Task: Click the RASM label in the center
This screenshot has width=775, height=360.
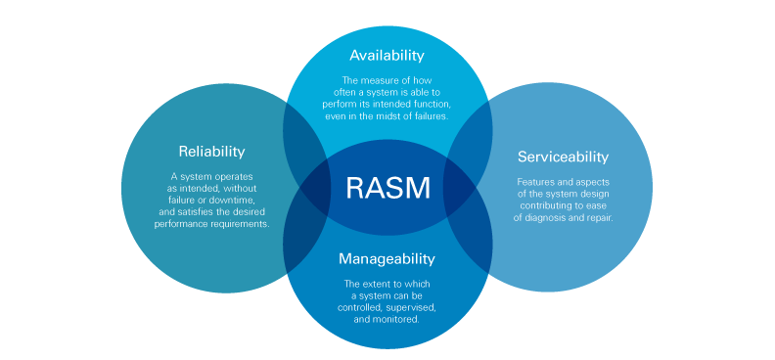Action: [x=387, y=187]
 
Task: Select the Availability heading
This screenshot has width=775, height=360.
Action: [x=387, y=56]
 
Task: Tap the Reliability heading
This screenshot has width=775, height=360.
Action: [x=211, y=152]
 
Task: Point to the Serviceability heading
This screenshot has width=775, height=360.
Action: [x=563, y=157]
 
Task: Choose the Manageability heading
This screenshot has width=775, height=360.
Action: [x=387, y=259]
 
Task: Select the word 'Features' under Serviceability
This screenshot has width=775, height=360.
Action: [x=535, y=181]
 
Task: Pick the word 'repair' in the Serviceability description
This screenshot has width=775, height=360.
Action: [x=597, y=217]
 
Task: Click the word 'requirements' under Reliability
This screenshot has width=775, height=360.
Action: [x=240, y=224]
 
